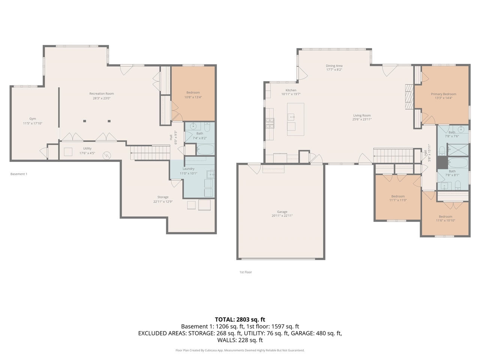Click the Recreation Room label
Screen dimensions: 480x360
tap(102, 93)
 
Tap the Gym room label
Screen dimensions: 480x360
tap(33, 119)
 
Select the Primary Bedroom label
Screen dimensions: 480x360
tap(444, 94)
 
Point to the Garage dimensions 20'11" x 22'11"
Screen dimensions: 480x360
tap(282, 216)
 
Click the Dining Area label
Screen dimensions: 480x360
tap(334, 66)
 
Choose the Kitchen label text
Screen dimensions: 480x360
tap(291, 90)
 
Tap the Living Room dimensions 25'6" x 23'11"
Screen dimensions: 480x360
tap(362, 119)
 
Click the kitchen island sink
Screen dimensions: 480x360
tap(291, 117)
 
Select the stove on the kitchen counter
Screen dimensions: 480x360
tap(270, 123)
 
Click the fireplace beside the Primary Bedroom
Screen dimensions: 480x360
tap(409, 97)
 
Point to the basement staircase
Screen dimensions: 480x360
tap(150, 153)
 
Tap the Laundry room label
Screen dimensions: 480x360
tap(188, 169)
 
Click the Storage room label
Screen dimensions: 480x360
tap(163, 197)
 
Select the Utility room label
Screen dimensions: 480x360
tap(87, 148)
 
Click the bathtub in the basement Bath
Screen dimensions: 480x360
tap(205, 150)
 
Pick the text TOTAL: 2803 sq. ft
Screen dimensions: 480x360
tap(240, 319)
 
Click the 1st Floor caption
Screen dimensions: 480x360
tap(246, 272)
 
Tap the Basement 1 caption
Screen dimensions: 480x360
tap(19, 174)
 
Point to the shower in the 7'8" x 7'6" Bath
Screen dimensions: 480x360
tap(458, 149)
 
